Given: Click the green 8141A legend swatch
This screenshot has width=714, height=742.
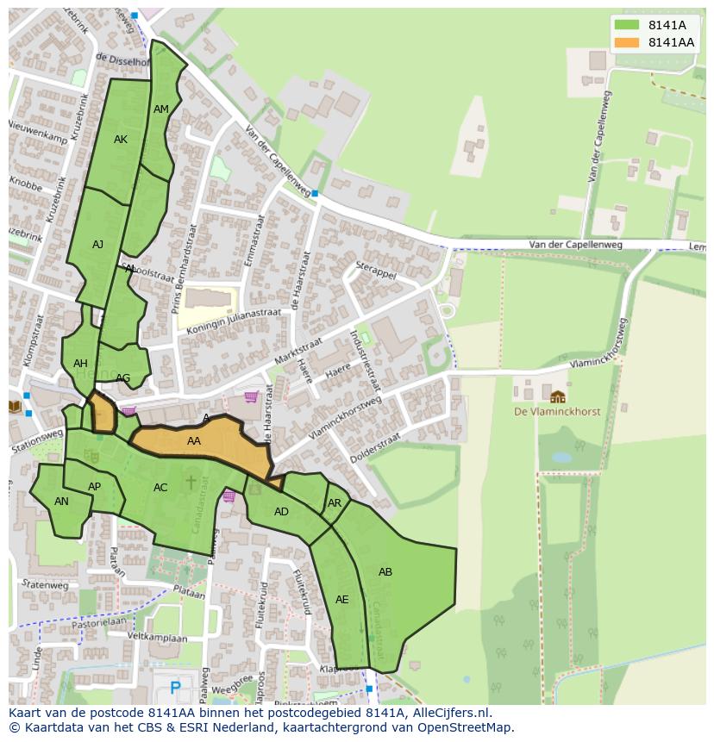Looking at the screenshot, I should (x=628, y=25).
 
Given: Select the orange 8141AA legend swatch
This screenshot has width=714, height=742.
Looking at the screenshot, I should (x=628, y=42).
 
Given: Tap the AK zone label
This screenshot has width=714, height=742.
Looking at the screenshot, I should (x=121, y=140).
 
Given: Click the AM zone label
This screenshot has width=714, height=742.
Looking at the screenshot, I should (x=161, y=109).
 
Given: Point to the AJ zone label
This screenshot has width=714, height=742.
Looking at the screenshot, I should (x=97, y=245).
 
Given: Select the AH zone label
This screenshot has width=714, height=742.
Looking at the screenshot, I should (x=80, y=364).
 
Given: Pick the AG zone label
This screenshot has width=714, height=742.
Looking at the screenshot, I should (x=123, y=378).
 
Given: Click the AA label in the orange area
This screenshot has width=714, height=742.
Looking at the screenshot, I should (x=194, y=441).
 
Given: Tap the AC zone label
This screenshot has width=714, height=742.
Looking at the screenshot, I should (x=160, y=488).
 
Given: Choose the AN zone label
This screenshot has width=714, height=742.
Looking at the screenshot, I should (x=61, y=502).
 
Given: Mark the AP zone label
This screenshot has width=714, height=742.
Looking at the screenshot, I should (x=95, y=487).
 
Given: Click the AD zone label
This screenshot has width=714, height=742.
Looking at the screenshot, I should (x=281, y=512).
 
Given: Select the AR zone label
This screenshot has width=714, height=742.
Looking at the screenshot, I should (x=335, y=503).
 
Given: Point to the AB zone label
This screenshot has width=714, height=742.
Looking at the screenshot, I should (x=385, y=572).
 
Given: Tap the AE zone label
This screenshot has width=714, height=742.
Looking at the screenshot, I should (x=342, y=600).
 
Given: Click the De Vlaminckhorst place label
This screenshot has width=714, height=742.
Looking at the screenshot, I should (x=557, y=412).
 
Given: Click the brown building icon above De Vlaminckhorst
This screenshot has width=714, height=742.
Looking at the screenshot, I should (x=558, y=396).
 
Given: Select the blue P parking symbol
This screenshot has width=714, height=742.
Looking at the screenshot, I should (x=176, y=688).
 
